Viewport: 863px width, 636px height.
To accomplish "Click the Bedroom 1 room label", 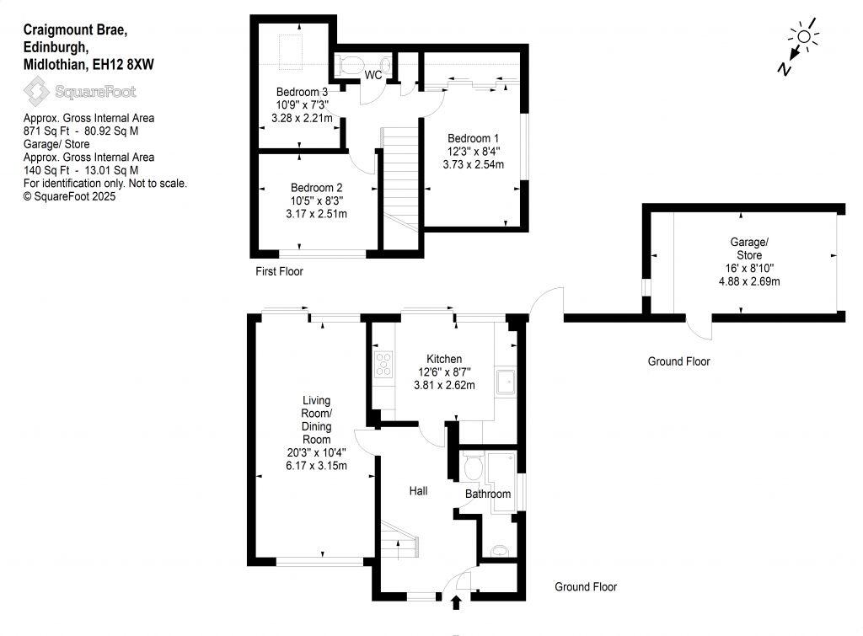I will [x=473, y=138].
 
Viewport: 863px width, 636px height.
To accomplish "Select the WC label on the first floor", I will [x=373, y=76].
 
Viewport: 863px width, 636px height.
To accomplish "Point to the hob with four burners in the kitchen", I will [x=383, y=363].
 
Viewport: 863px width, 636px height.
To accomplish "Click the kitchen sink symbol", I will [x=507, y=382].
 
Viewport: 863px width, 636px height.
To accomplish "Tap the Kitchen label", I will [x=444, y=359].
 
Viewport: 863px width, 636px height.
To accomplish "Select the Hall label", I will [x=419, y=490].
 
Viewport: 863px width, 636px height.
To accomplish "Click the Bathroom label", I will [x=488, y=494].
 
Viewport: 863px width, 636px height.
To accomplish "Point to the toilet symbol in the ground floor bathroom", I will [x=473, y=464].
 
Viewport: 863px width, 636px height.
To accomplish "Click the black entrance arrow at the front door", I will [x=457, y=601].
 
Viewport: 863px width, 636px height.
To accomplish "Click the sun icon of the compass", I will [x=803, y=35].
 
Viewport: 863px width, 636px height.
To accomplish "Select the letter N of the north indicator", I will [x=785, y=70].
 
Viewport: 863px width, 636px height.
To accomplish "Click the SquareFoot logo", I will [x=79, y=91].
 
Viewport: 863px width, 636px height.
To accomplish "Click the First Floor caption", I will [x=279, y=271].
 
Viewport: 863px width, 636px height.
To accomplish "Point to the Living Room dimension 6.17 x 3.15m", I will [x=318, y=465].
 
